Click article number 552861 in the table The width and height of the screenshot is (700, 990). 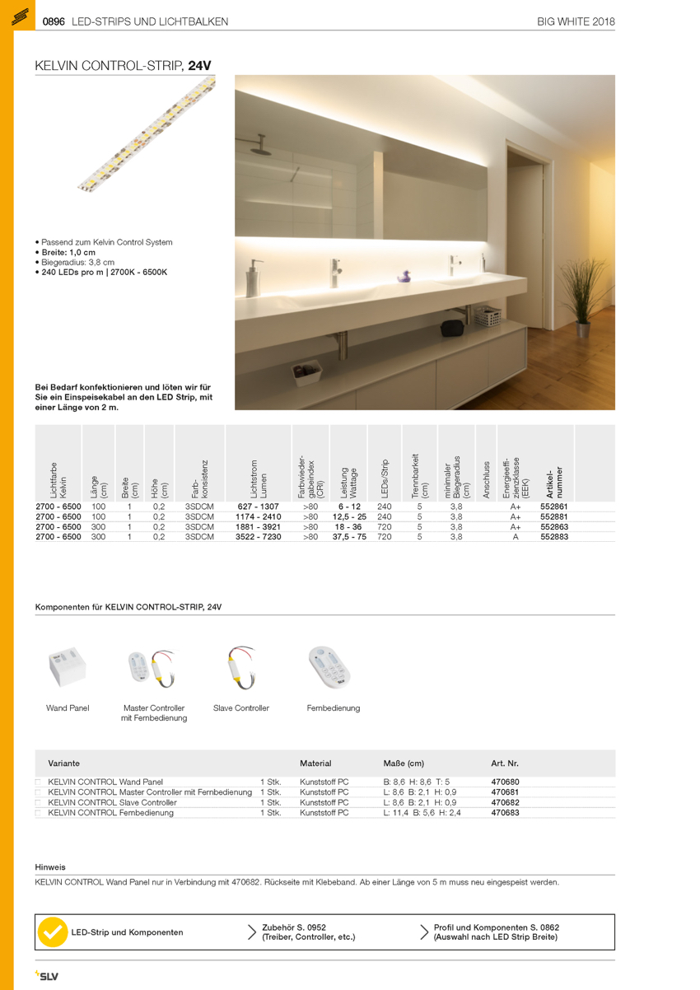(x=554, y=507)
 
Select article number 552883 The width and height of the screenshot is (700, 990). (x=554, y=536)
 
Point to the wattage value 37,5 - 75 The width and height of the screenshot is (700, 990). (x=349, y=536)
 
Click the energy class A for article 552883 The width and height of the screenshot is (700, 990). (x=516, y=536)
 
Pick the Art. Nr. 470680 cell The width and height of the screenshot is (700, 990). (x=505, y=782)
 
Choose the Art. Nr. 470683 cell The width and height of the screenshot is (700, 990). (x=505, y=812)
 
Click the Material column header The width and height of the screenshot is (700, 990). (x=315, y=764)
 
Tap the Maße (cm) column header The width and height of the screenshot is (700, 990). (x=404, y=764)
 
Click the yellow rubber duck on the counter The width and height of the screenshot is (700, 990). (x=404, y=278)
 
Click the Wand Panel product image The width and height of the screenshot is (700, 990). (x=68, y=666)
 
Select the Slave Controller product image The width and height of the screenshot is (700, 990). (x=241, y=666)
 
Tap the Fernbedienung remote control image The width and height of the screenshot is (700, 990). (x=333, y=666)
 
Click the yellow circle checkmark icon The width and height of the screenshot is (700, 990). (x=53, y=932)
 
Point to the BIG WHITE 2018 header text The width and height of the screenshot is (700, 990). (x=576, y=21)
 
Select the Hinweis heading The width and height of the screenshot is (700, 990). (x=50, y=866)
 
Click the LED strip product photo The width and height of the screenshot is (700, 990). (x=147, y=135)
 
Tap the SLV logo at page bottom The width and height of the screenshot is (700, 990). (x=47, y=976)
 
